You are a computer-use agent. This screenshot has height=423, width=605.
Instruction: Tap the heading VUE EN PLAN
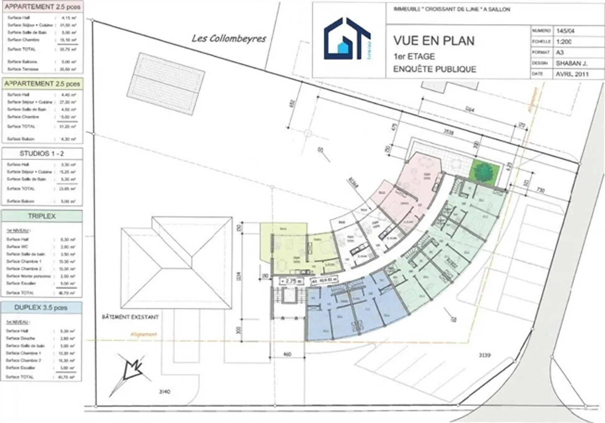point(434,41)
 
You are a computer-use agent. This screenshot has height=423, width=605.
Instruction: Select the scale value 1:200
point(563,42)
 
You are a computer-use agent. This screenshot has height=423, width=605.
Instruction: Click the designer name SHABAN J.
point(571,63)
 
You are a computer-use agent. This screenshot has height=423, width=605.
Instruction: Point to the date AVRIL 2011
point(572,74)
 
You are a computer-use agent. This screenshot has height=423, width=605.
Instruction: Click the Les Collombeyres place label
point(229,39)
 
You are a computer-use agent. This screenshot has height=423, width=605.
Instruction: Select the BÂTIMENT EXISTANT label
point(130,317)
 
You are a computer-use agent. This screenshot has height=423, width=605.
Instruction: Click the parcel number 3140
point(165,391)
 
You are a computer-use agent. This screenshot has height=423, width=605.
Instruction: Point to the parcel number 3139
point(484,355)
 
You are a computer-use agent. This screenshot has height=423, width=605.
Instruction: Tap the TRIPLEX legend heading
point(42,216)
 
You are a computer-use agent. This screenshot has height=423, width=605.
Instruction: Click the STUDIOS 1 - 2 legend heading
point(42,154)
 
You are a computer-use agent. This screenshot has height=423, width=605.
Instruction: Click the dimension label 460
point(287,354)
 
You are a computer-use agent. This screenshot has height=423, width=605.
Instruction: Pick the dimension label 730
point(540,190)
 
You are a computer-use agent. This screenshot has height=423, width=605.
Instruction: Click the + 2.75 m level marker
point(291,281)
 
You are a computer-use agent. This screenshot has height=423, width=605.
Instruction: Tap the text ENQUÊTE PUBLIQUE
point(434,69)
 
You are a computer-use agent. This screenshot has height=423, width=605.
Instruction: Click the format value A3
point(560,53)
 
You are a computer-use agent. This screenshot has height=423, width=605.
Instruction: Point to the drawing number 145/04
point(565,31)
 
